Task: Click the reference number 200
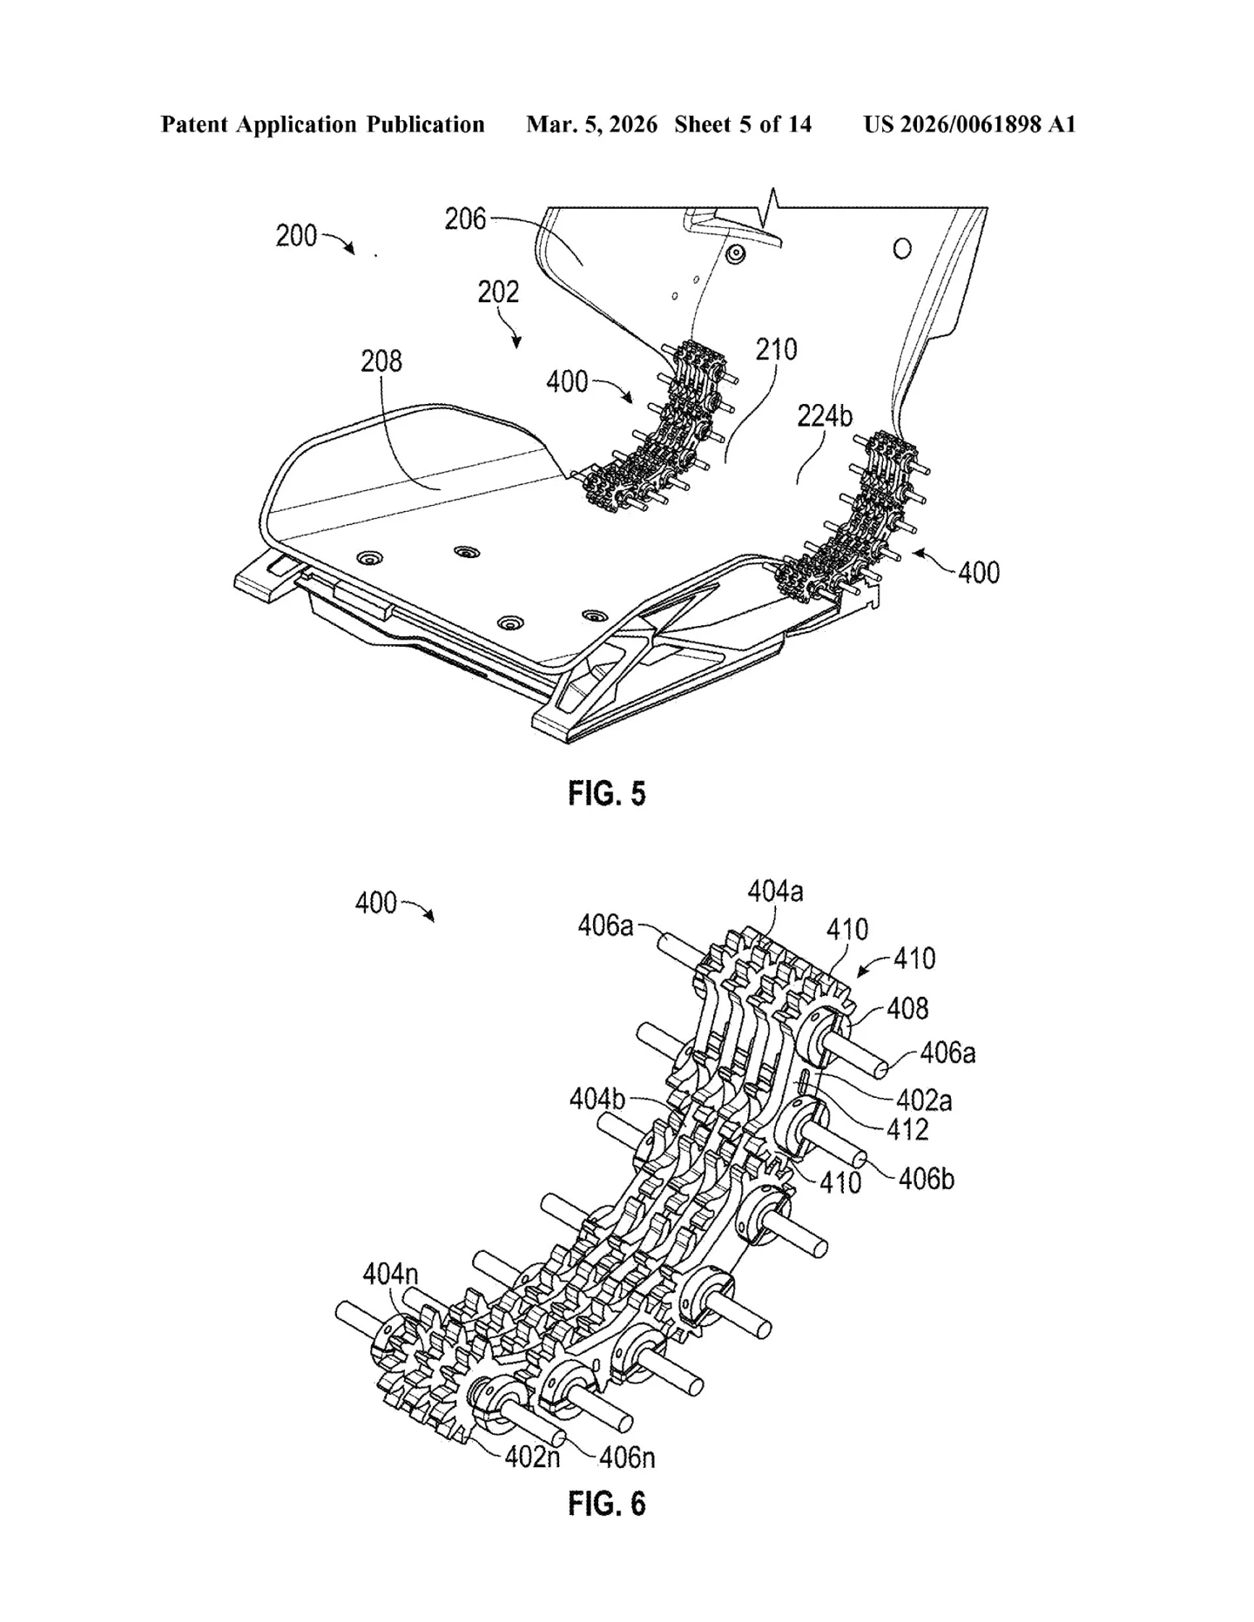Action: click(x=296, y=236)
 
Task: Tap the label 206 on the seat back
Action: click(x=465, y=219)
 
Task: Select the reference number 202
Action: click(x=498, y=293)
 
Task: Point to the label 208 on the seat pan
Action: click(x=381, y=360)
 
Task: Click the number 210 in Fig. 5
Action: click(x=776, y=350)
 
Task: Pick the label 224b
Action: click(x=824, y=417)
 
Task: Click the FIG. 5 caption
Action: click(x=607, y=793)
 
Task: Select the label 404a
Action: click(x=775, y=891)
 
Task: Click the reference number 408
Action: click(x=907, y=1008)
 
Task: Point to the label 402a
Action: click(x=923, y=1100)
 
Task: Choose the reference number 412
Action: click(x=907, y=1130)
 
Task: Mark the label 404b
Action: click(x=597, y=1099)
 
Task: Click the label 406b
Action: click(x=927, y=1179)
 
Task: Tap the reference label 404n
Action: click(x=390, y=1275)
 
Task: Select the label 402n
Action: click(x=532, y=1456)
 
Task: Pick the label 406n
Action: click(x=627, y=1456)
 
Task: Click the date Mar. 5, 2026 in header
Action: click(x=591, y=125)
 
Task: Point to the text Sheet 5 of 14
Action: click(x=743, y=125)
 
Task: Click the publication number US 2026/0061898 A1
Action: click(x=969, y=125)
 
